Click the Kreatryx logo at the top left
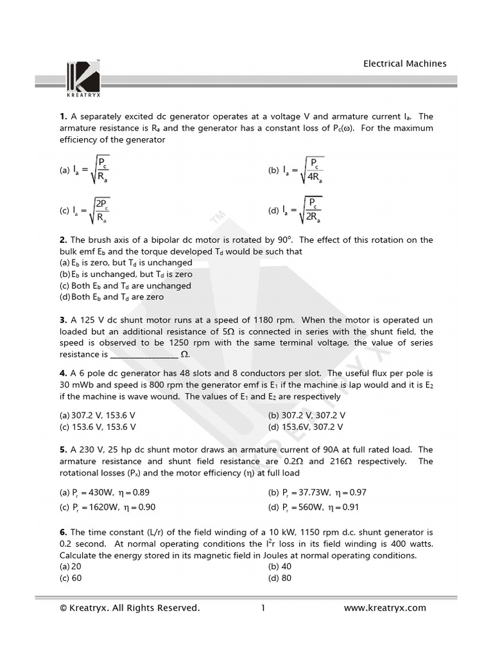click(x=83, y=80)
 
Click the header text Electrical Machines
click(x=404, y=64)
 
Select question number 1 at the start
click(x=63, y=116)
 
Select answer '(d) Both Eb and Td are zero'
click(x=111, y=297)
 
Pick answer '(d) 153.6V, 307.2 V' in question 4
click(x=305, y=427)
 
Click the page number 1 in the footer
click(x=263, y=608)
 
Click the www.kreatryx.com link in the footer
click(x=385, y=608)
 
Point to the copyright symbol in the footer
click(x=63, y=608)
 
